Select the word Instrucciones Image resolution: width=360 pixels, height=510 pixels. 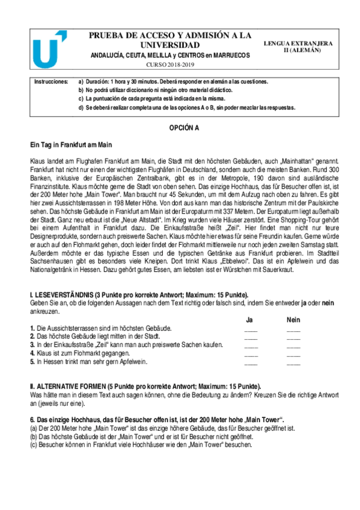51,81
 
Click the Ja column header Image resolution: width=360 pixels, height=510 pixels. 250,320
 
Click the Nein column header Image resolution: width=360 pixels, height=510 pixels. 293,320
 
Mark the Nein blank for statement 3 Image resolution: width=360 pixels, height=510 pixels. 293,346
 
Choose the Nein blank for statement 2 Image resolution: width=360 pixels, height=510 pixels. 293,337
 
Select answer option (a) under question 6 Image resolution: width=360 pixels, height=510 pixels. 162,428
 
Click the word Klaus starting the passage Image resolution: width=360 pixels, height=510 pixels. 38,161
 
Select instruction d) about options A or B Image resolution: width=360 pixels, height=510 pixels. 187,108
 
